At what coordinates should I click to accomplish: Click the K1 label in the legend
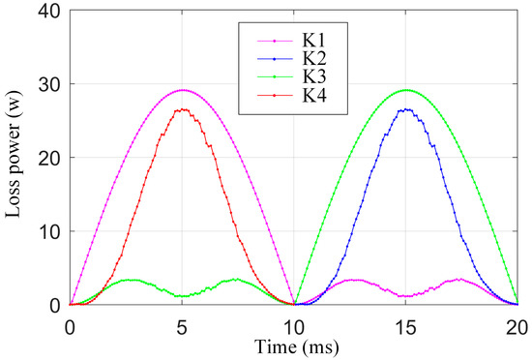point(314,41)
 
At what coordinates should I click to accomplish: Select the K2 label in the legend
point(314,59)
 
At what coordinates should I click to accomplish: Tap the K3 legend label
point(314,76)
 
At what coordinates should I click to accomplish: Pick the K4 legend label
point(314,95)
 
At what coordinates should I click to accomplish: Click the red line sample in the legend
point(275,96)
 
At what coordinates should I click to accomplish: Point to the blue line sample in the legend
point(275,59)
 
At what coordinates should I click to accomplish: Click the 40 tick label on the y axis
point(49,11)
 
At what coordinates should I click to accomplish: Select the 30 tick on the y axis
point(49,84)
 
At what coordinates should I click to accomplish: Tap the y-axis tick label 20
point(49,158)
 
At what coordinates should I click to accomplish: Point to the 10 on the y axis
point(49,231)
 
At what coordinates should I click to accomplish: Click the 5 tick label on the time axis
point(182,328)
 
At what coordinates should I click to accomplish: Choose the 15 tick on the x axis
point(406,328)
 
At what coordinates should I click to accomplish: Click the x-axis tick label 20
point(517,328)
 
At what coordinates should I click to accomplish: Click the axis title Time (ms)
point(297,347)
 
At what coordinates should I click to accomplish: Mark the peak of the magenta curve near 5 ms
point(183,90)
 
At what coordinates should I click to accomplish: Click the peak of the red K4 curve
point(183,109)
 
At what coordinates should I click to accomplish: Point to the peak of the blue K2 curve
point(407,109)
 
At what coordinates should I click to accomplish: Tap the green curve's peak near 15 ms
point(406,90)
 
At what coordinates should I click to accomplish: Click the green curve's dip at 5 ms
point(182,296)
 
